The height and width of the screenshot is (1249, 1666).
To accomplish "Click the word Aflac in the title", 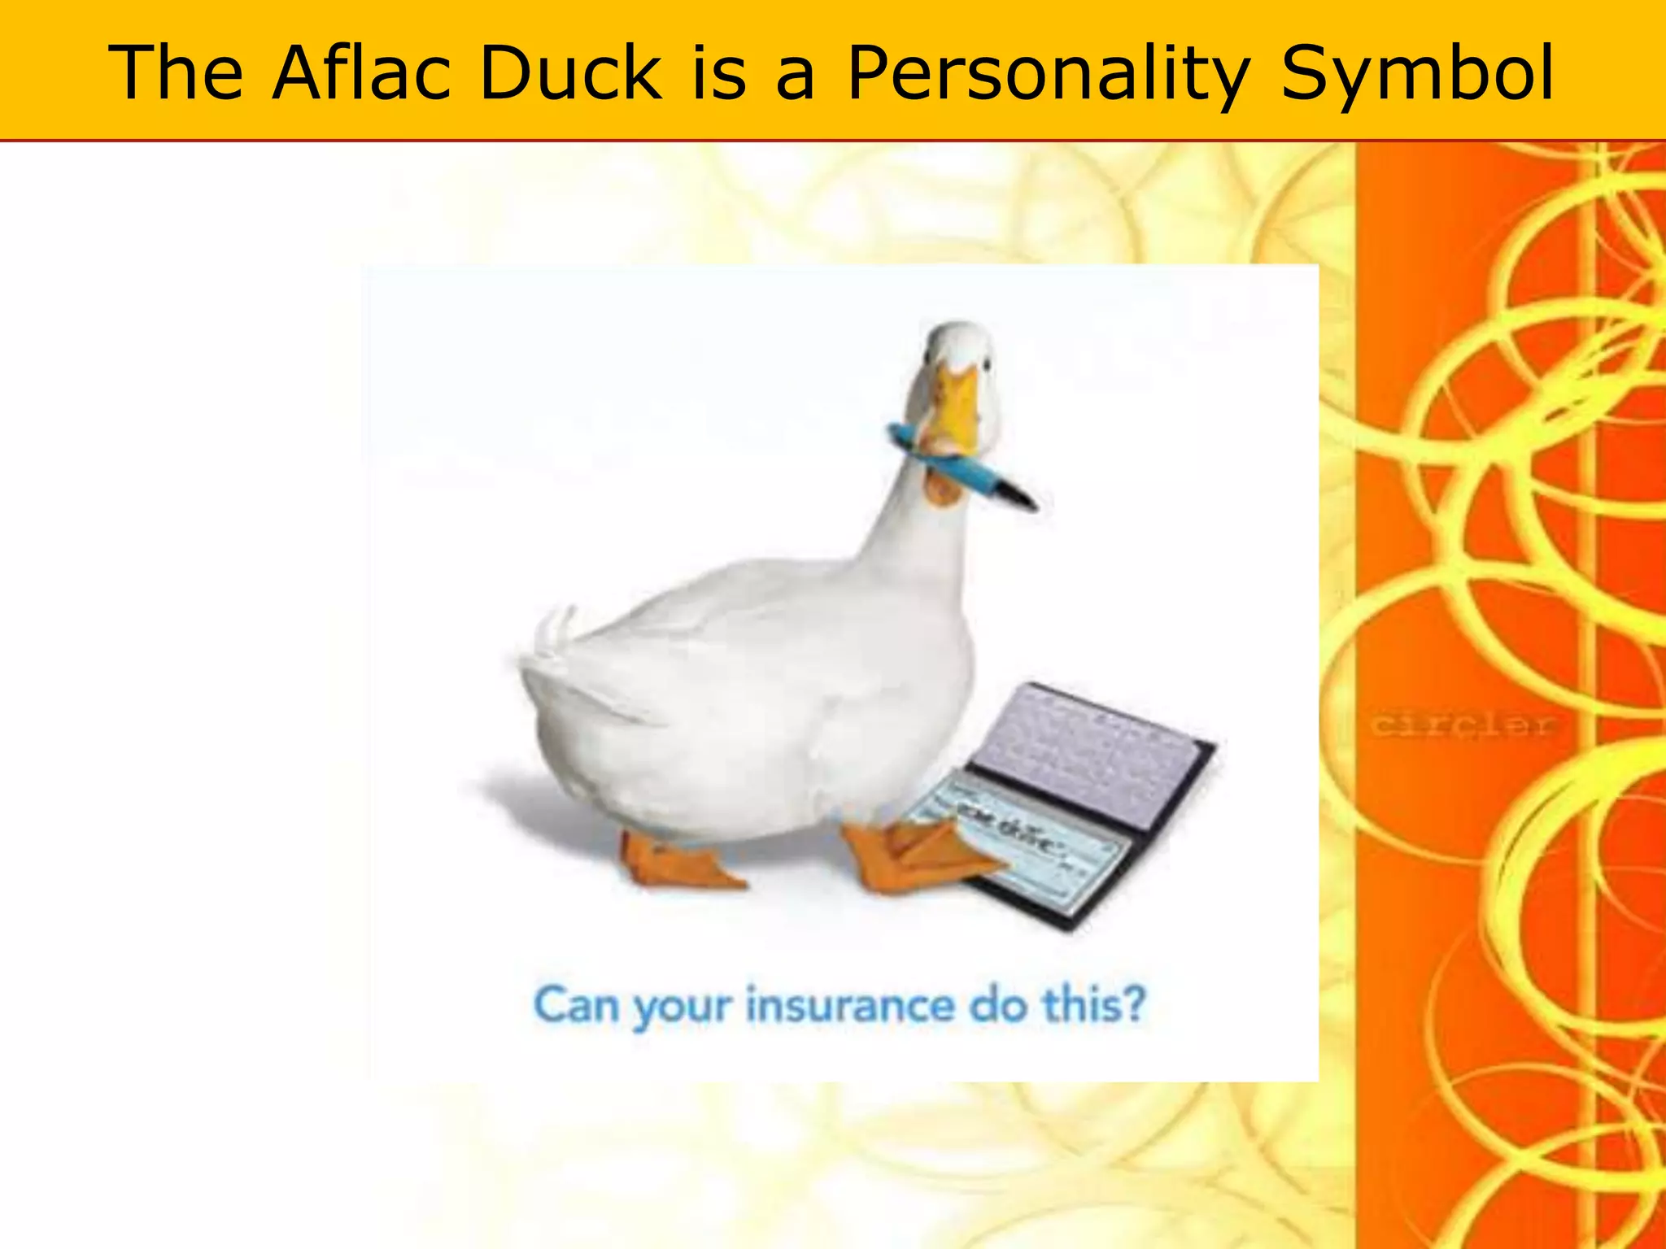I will click(x=360, y=73).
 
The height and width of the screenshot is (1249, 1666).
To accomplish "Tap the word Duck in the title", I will click(x=569, y=73).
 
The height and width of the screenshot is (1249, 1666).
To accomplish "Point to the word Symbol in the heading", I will click(x=1417, y=73).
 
